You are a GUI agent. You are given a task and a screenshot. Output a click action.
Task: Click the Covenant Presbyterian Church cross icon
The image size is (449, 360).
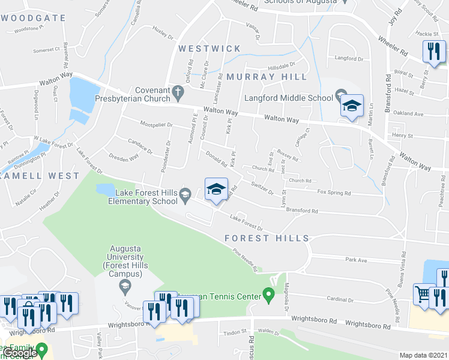point(177,93)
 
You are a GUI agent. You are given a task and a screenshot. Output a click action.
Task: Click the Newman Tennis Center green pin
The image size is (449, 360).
point(269,295)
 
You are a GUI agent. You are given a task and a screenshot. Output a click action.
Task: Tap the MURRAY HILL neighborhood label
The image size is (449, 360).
point(267,77)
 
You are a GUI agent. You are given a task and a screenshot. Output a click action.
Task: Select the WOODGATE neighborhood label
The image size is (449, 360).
point(33,18)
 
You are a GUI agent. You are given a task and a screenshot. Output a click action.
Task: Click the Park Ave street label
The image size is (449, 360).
point(356,260)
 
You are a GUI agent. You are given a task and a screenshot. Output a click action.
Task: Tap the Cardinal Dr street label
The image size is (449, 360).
point(340,299)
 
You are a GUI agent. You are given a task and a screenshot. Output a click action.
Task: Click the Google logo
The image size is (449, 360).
point(19,353)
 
